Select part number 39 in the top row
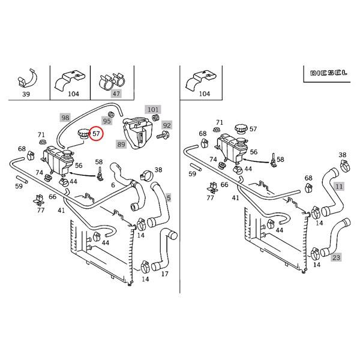[25, 94]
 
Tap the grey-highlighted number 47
[116, 94]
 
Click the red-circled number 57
[94, 134]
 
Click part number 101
[154, 110]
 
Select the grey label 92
[167, 125]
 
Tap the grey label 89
[121, 144]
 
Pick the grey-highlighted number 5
[169, 197]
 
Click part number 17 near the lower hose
[164, 275]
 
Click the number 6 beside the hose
[113, 185]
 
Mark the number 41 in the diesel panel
[235, 197]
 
